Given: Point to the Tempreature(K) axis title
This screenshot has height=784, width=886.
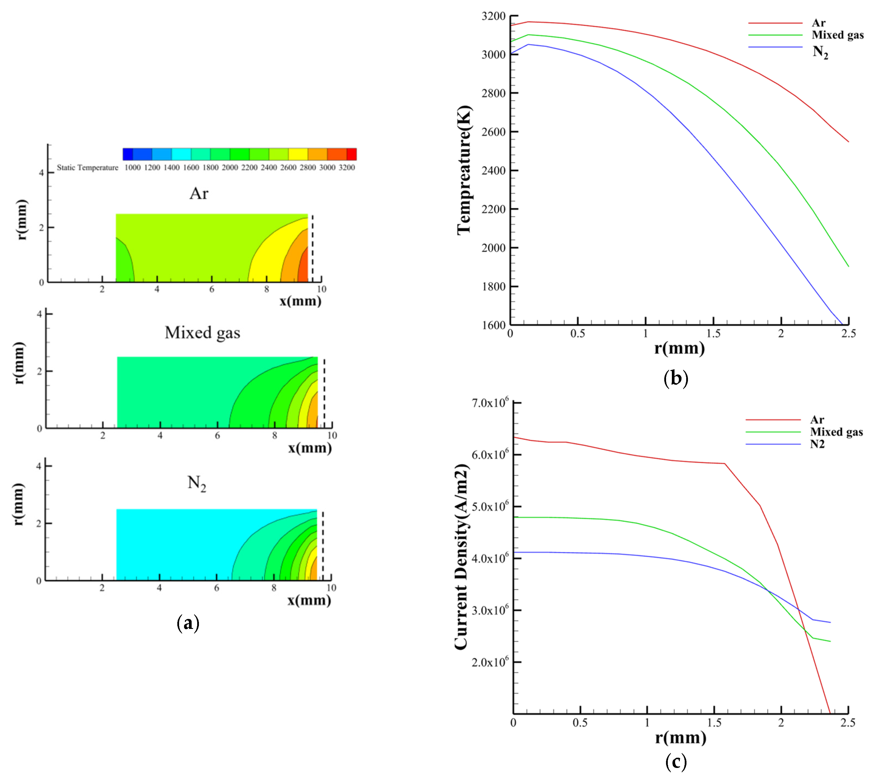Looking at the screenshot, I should pos(464,170).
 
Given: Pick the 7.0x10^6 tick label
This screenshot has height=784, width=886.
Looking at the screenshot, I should pos(490,403).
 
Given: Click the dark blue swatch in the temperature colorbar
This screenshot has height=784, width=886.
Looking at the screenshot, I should pos(128,154).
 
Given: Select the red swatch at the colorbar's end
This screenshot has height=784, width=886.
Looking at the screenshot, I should pos(351,154).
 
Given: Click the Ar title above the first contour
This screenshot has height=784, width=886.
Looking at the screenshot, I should pos(199,193).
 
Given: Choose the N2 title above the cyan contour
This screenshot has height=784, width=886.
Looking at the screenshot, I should pos(196,483).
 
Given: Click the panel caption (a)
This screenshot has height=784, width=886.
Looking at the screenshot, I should pos(188,623).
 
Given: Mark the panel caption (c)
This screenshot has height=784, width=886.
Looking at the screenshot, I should pos(676,762).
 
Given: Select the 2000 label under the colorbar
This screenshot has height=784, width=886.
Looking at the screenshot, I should pos(230,168).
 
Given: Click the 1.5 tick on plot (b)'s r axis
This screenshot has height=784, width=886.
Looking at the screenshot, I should pos(713,334).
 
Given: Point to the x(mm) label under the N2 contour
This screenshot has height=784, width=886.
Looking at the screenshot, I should pos(309,600).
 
